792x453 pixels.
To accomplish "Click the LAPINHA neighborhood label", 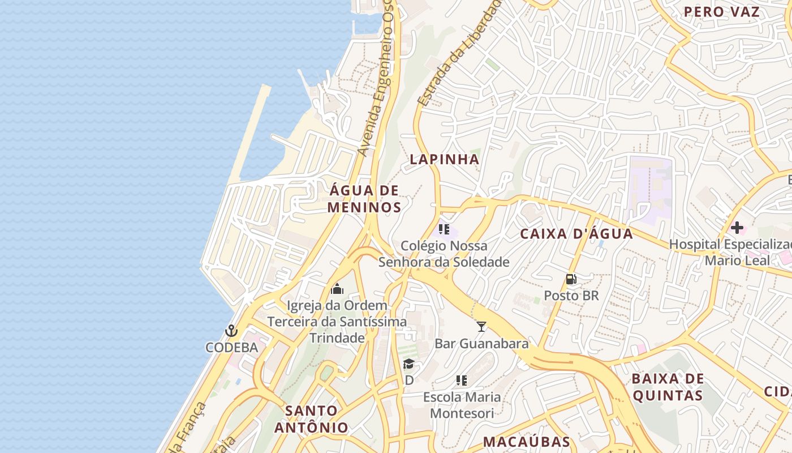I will point(444,160).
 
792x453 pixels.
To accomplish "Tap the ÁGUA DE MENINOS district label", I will point(364,199).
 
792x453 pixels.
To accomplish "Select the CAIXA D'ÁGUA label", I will point(576,234).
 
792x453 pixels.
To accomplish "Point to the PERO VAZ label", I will point(721,12).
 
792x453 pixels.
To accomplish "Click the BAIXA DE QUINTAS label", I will point(668,387).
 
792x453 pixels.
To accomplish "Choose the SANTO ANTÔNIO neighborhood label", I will point(311,419).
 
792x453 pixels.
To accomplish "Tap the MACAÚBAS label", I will point(526,442).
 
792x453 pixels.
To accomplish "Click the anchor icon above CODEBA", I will point(231,331).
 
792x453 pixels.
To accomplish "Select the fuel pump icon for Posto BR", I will point(571,279).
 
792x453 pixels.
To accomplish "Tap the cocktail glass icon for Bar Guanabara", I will point(481,326).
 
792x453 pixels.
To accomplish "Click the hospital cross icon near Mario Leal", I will point(737,228).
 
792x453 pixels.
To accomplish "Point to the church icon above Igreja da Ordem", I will point(337,289).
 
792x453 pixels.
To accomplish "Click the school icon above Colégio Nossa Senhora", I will point(444,229).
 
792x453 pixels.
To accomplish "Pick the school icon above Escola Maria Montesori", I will point(462,380).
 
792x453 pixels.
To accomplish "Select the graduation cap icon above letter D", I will point(408,364).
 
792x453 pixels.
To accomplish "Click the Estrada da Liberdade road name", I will point(459,54).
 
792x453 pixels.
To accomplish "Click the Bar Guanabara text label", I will point(481,344).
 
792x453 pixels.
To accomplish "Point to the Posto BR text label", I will point(571,296).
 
